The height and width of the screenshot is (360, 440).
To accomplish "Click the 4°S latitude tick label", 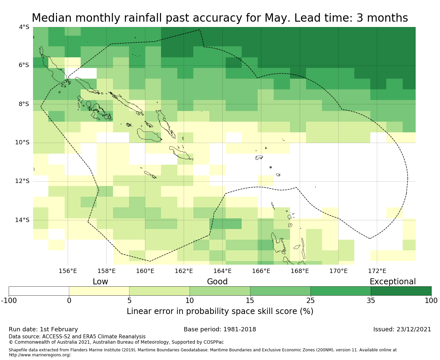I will coord(24,27).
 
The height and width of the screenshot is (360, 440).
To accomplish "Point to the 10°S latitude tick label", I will coord(22,143).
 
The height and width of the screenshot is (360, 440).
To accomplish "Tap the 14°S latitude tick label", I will coord(22,220).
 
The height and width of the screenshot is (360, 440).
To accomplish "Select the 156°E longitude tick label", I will coord(68,271).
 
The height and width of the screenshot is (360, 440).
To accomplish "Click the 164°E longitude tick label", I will coord(222,271).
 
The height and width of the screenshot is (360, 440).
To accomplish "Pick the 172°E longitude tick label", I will coord(377,271).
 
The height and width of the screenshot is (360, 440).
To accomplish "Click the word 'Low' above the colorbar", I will coord(100,282).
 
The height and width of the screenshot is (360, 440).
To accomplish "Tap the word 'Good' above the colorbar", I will coord(217,282).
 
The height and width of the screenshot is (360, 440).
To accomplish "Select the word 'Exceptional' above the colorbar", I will coord(393,282).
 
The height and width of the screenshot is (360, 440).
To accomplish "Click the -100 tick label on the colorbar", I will coord(9,301).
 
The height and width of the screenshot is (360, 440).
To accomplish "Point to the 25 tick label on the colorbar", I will coord(310,301).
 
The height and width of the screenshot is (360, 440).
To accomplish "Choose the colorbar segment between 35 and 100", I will coord(401,291).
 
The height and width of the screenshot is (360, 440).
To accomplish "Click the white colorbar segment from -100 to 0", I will coord(39,291).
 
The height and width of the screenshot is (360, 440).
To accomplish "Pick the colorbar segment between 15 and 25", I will coord(280,291).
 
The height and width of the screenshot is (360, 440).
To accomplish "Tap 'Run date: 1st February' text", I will coord(43,329).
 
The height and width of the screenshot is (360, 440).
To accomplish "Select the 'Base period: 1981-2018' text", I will coord(220,329).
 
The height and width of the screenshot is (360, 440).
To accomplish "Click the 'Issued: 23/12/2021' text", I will coord(402,329).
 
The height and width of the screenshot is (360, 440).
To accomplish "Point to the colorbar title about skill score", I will coord(220,311).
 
